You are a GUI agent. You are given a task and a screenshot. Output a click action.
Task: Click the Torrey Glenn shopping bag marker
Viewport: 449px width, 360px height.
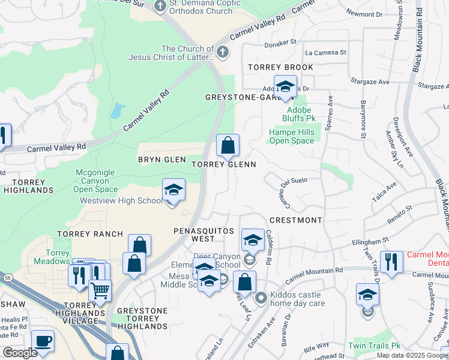(228, 145)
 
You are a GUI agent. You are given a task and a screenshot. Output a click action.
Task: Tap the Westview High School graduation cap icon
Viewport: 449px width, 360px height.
(173, 191)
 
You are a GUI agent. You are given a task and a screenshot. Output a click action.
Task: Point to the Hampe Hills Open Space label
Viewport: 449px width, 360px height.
(292, 136)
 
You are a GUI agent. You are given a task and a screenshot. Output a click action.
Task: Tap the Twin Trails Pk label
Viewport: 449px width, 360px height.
(374, 346)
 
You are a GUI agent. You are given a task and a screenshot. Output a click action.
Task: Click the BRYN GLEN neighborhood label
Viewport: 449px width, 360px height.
(161, 160)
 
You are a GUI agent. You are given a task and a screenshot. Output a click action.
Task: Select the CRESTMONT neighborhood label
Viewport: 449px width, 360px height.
(296, 220)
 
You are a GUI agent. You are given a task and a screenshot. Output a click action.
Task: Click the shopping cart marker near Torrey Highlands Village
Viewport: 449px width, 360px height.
(100, 291)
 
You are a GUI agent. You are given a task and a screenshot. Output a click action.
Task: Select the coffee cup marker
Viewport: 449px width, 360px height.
(43, 341)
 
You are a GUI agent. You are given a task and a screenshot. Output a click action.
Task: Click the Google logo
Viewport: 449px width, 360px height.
(20, 353)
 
